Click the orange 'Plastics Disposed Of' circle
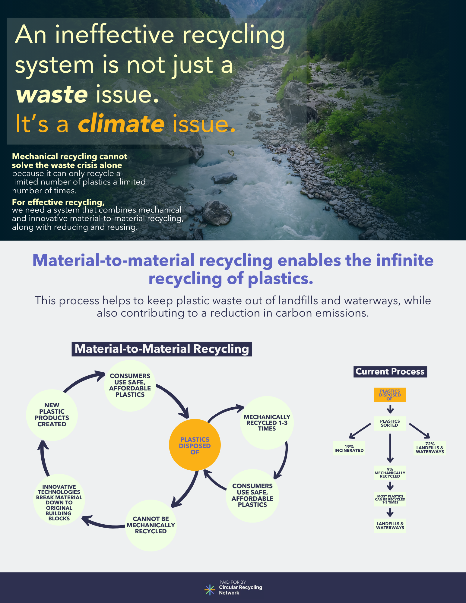(195, 445)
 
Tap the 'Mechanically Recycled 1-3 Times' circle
(267, 422)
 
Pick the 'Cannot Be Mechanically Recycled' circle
(151, 525)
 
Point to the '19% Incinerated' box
(349, 448)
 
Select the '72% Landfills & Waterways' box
(430, 448)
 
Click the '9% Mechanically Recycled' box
(390, 472)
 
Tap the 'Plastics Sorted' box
(390, 423)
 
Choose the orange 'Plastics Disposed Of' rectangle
(390, 395)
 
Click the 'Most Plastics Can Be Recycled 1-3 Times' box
(390, 499)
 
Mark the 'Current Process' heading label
(390, 371)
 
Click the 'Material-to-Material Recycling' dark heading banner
(162, 349)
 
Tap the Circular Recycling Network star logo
(209, 590)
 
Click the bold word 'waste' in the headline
(52, 94)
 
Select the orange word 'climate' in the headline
(121, 124)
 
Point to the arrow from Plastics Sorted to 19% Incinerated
(360, 431)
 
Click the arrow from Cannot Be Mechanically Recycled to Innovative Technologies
(103, 524)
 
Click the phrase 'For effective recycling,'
(58, 202)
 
